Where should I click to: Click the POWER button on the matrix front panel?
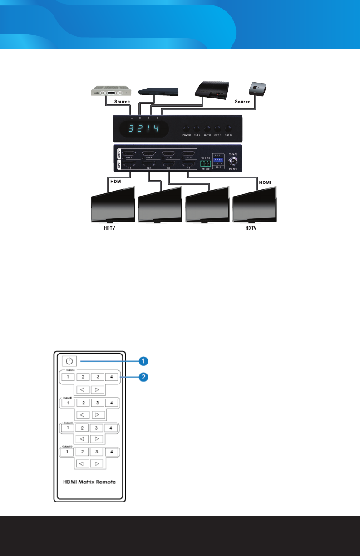pos(187,128)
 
